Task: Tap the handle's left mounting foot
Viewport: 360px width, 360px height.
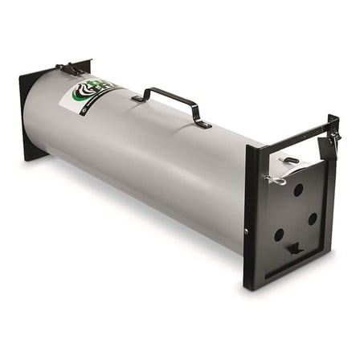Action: click(x=137, y=97)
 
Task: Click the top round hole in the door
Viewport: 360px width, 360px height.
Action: click(x=298, y=190)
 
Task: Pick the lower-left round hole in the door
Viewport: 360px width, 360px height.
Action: click(x=278, y=235)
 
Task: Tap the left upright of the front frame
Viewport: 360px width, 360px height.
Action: click(x=251, y=217)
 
